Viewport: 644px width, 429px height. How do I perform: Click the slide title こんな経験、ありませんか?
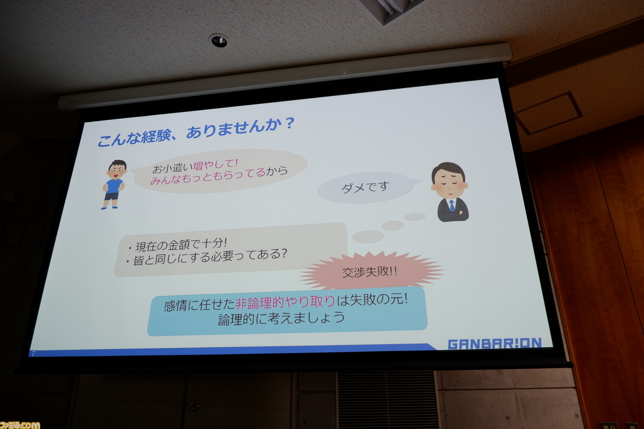tap(196, 132)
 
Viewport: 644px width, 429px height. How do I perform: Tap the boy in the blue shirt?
tap(114, 184)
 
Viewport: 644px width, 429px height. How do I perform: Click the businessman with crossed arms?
tap(450, 192)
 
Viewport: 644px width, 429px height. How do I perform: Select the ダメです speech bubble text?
tap(365, 188)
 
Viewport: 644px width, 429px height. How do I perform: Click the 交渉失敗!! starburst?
tap(371, 271)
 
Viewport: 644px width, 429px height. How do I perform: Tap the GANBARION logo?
tap(495, 344)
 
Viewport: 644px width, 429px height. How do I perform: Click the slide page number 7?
tap(33, 354)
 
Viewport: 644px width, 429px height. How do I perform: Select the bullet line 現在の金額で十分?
tap(178, 245)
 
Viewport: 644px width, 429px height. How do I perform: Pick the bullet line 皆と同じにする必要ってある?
tap(206, 257)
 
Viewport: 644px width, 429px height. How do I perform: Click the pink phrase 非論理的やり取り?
tap(285, 302)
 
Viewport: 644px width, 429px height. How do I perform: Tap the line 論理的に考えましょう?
tap(281, 318)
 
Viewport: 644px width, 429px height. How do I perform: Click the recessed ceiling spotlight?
tap(219, 41)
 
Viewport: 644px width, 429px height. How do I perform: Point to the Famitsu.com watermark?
tap(20, 425)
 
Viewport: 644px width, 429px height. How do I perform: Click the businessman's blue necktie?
tap(452, 205)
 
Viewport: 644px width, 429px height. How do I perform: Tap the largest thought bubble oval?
tap(368, 236)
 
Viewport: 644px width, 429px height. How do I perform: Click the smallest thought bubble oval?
tap(415, 217)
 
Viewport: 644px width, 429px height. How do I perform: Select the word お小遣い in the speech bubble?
tap(172, 168)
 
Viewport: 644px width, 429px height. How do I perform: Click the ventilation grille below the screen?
tap(388, 400)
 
